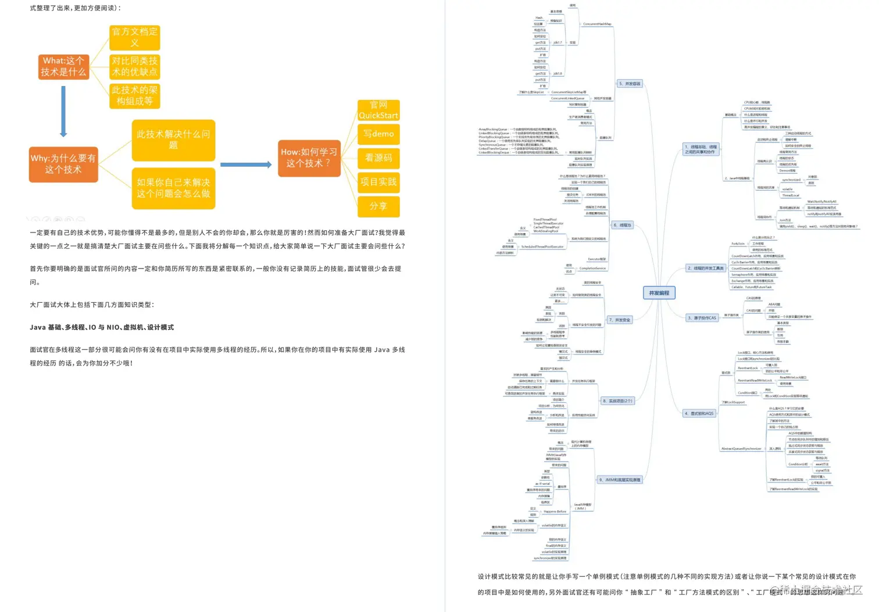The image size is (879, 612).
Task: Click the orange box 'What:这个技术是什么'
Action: (63, 67)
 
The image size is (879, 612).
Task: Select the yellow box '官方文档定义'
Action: (134, 37)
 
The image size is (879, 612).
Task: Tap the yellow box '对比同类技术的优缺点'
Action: (134, 67)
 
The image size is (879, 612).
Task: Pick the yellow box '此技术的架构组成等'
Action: (134, 96)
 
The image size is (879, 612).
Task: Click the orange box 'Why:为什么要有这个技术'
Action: (63, 164)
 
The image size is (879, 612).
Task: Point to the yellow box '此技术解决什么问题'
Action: (173, 140)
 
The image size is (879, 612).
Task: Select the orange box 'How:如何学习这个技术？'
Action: (309, 158)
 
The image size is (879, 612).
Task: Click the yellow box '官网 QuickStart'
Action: (378, 110)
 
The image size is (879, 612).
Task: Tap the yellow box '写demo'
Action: (378, 134)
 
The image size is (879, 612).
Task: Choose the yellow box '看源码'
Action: (378, 158)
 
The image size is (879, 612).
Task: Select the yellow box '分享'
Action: (378, 206)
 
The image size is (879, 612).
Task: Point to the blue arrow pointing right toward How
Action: (246, 164)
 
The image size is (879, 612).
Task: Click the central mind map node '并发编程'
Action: (659, 293)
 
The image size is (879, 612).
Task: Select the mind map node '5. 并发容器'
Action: (630, 84)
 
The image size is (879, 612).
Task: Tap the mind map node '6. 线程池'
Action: (622, 225)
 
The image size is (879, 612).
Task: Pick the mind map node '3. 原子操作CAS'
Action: (702, 318)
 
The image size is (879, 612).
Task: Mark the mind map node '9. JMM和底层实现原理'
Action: (620, 479)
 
